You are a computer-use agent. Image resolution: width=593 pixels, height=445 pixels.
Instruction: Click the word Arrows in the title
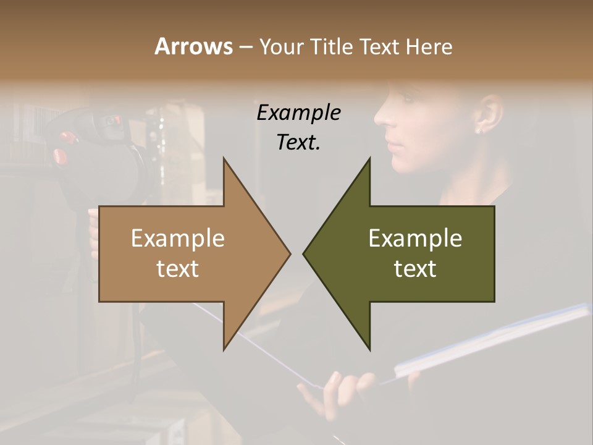coord(193,46)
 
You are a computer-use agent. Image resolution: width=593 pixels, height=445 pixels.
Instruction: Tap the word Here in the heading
coord(429,46)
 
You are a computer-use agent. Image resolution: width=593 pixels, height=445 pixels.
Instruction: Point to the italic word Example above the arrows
coord(298,113)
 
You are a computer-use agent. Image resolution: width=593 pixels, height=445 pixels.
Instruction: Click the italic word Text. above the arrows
coord(298,142)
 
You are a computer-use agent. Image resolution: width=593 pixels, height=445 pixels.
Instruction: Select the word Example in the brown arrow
coord(178,239)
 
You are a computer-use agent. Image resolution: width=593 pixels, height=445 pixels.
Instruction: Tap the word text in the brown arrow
coord(178,269)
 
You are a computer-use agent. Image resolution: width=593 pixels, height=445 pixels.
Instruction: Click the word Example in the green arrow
coord(415,239)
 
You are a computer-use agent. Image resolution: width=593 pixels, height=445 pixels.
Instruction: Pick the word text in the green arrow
coord(415,269)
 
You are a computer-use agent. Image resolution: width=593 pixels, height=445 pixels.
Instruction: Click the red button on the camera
coord(60,156)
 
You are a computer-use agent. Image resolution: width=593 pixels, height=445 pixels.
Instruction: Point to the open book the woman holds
coord(488,340)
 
